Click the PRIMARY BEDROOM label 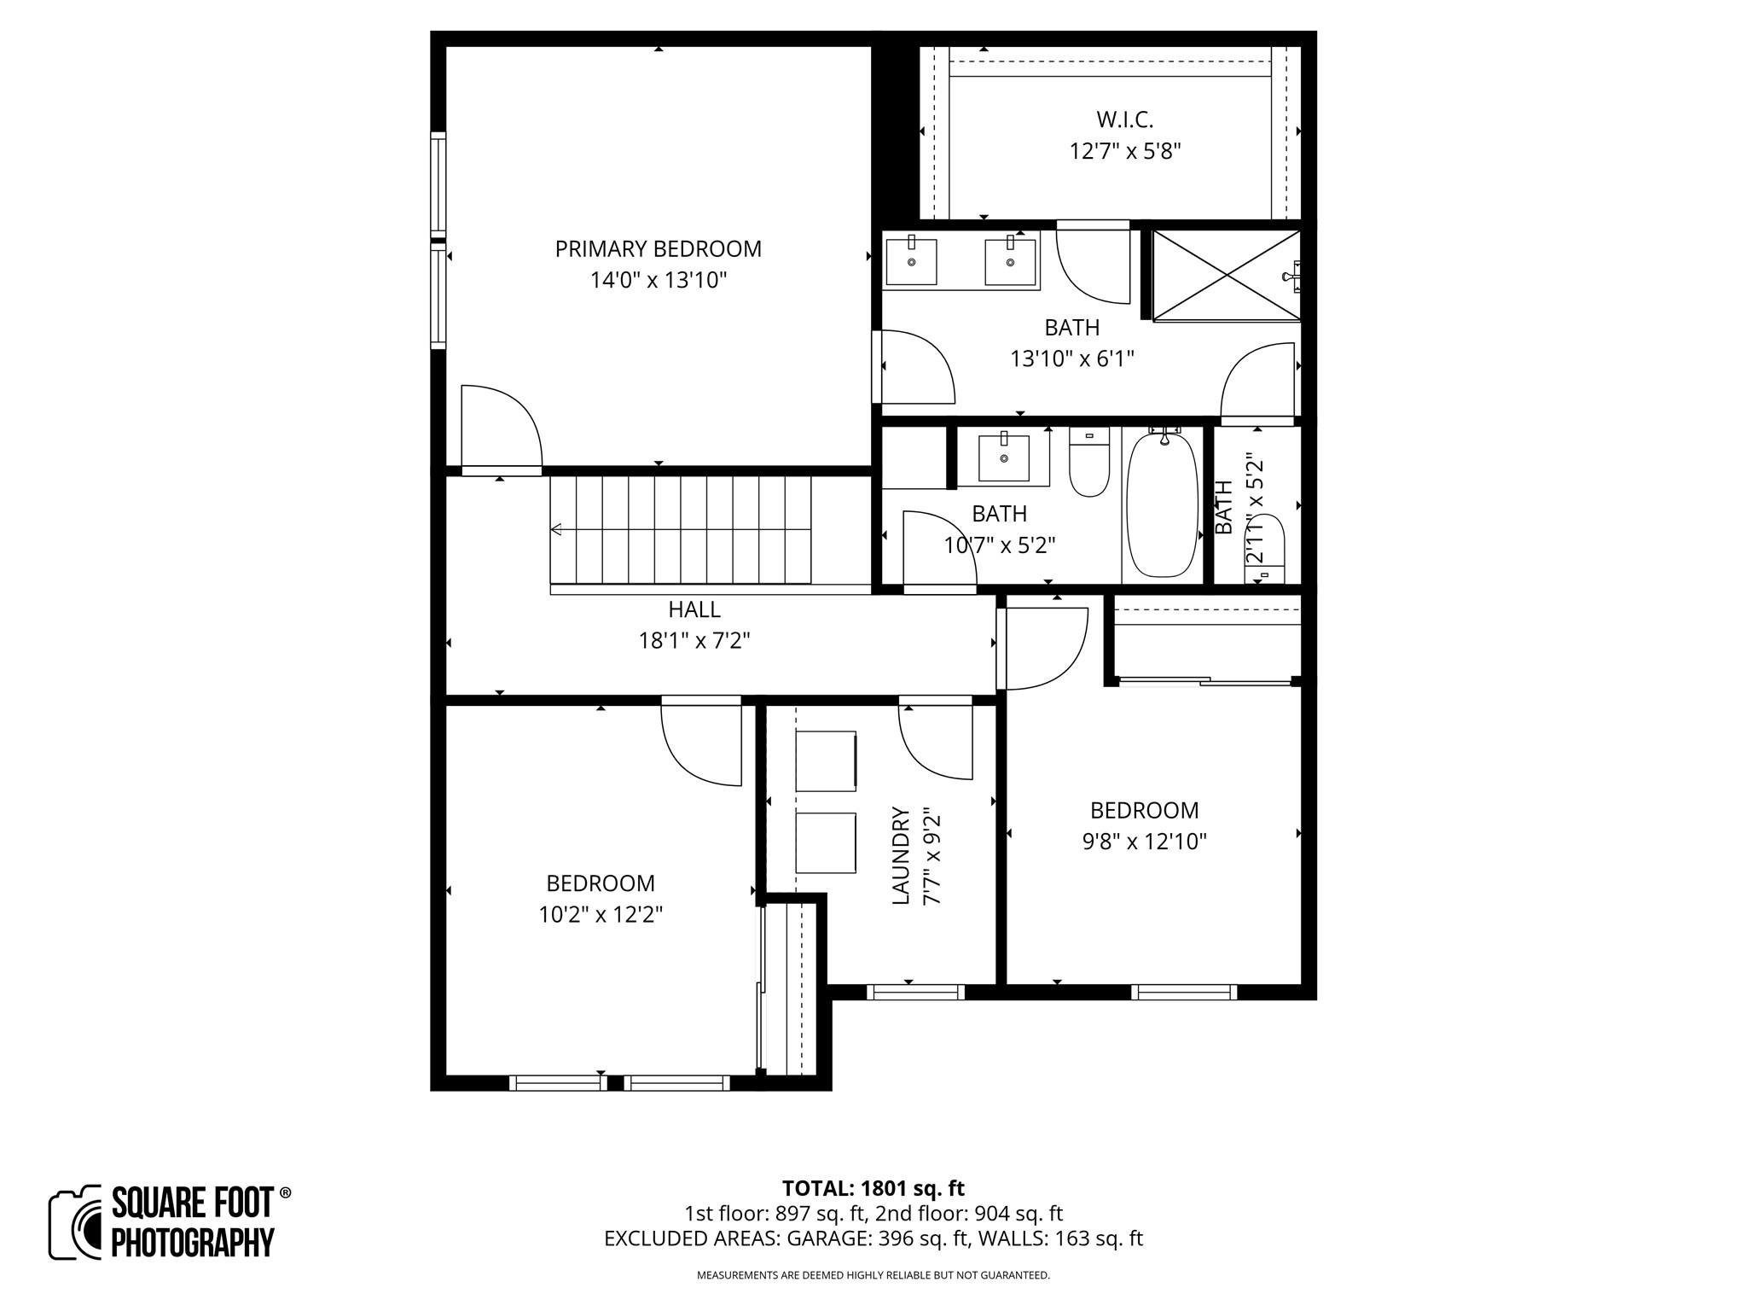[x=658, y=249]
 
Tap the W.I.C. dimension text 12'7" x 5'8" [x=1125, y=152]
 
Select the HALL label [x=694, y=609]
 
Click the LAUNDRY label [x=901, y=856]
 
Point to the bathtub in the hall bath [x=1161, y=505]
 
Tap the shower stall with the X [x=1226, y=275]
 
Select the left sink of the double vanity [x=911, y=262]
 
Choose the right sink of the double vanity [x=1011, y=262]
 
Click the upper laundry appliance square [x=826, y=760]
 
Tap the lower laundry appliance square [x=826, y=842]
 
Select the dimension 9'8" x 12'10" [x=1144, y=842]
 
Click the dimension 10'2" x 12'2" [x=601, y=915]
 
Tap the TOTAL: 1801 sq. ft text [x=873, y=1188]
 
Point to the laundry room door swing [x=937, y=741]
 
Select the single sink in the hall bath [x=1003, y=458]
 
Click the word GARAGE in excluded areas [x=823, y=1238]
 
